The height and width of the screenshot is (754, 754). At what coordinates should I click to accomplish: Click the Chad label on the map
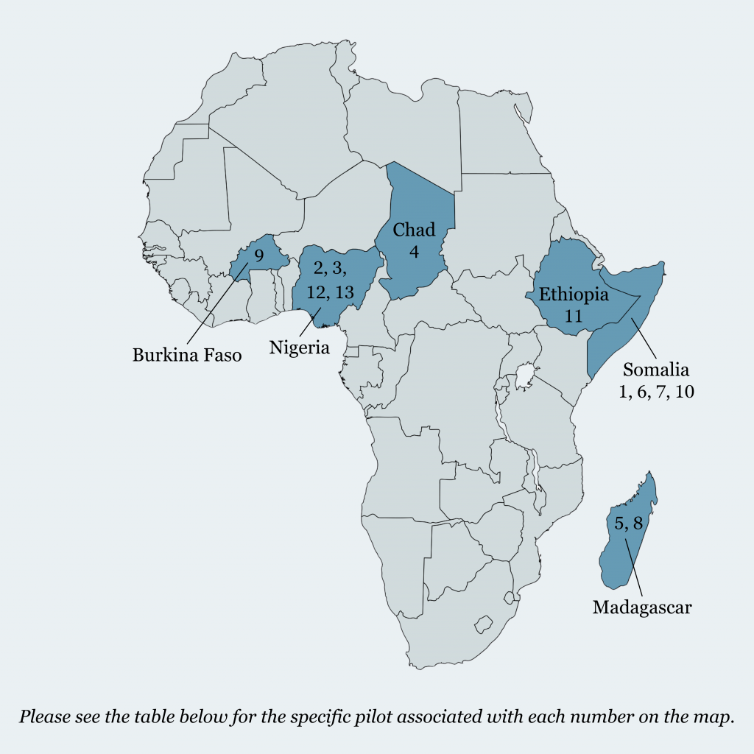pos(414,229)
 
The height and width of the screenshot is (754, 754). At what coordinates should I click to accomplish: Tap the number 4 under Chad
pos(414,251)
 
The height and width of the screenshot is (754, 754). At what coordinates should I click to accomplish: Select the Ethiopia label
pos(574,295)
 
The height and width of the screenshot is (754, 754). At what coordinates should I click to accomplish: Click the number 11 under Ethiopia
pos(574,316)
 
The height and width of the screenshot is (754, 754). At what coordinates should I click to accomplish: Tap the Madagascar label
pos(642,607)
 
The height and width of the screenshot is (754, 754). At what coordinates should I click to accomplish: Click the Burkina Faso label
pos(187,355)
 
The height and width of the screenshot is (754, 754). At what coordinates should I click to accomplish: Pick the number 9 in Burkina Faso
pos(258,256)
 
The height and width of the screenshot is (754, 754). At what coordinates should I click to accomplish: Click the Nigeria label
pos(299,347)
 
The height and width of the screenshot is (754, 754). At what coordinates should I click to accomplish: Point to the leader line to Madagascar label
pos(635,568)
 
